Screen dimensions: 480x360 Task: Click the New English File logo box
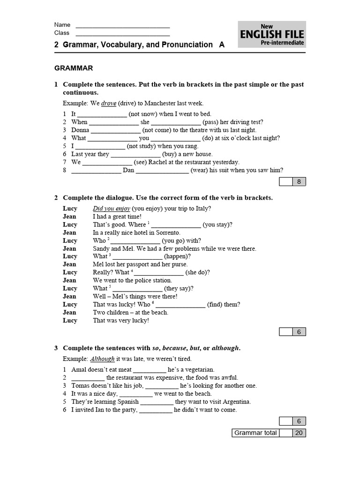272,34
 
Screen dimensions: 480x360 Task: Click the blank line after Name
122,26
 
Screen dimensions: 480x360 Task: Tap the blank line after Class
122,34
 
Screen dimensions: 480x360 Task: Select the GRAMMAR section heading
74,68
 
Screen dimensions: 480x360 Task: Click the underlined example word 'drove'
109,103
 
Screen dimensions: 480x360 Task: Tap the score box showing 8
299,182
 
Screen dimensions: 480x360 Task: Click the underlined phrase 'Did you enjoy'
112,209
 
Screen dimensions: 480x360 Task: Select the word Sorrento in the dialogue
167,232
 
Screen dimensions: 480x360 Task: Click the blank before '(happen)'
137,257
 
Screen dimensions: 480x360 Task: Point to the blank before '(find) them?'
180,305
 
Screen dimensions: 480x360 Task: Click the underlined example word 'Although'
102,359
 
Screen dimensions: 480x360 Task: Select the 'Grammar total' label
255,433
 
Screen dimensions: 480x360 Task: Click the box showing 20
299,433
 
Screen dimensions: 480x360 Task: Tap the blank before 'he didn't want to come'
156,410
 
